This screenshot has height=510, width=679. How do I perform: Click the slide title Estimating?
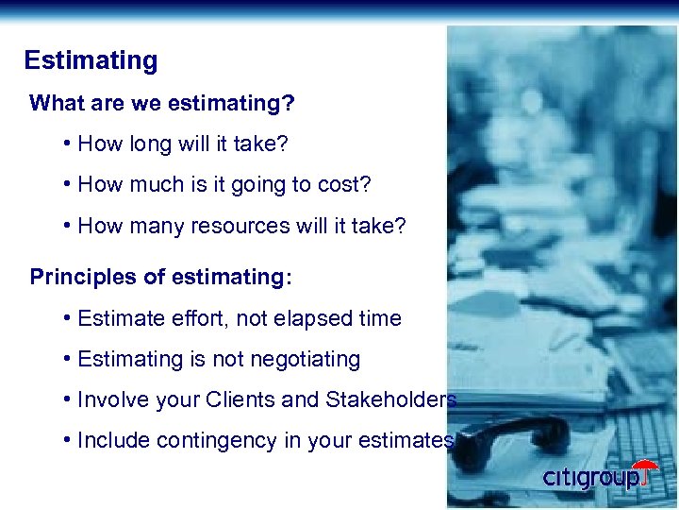coord(91,61)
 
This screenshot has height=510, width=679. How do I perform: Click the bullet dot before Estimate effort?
coord(70,318)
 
